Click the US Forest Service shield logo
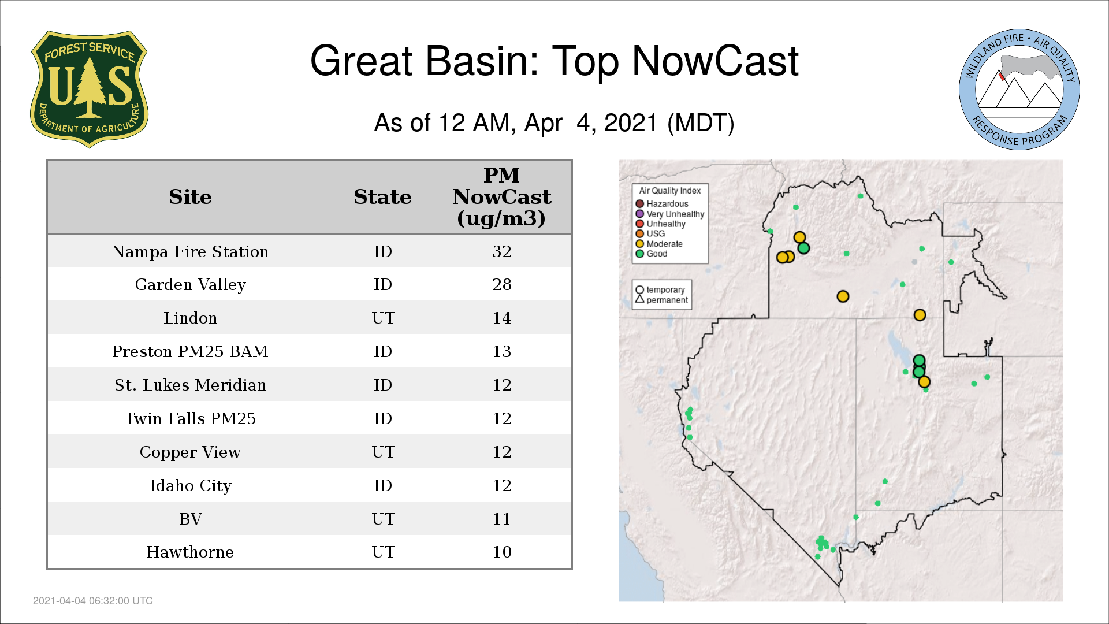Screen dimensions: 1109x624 point(89,89)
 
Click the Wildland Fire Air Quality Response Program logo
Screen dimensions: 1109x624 point(1019,90)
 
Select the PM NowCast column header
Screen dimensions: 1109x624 point(501,196)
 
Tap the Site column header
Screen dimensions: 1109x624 point(190,197)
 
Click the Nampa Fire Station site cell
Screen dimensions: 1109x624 point(190,251)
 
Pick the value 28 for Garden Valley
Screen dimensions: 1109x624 point(502,284)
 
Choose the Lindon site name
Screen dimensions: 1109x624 point(190,318)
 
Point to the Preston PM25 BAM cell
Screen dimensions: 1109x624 point(190,351)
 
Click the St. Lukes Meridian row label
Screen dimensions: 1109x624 point(190,385)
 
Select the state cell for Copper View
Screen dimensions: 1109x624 point(383,452)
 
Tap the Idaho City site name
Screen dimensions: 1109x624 point(190,485)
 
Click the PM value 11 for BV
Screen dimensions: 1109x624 point(502,519)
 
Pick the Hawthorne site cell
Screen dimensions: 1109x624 point(190,552)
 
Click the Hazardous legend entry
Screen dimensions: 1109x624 point(662,204)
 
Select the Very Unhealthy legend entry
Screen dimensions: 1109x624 point(670,214)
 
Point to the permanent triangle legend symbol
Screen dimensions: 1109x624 point(639,299)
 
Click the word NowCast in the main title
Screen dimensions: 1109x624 point(716,61)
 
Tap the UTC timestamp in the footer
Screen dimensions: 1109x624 point(93,601)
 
